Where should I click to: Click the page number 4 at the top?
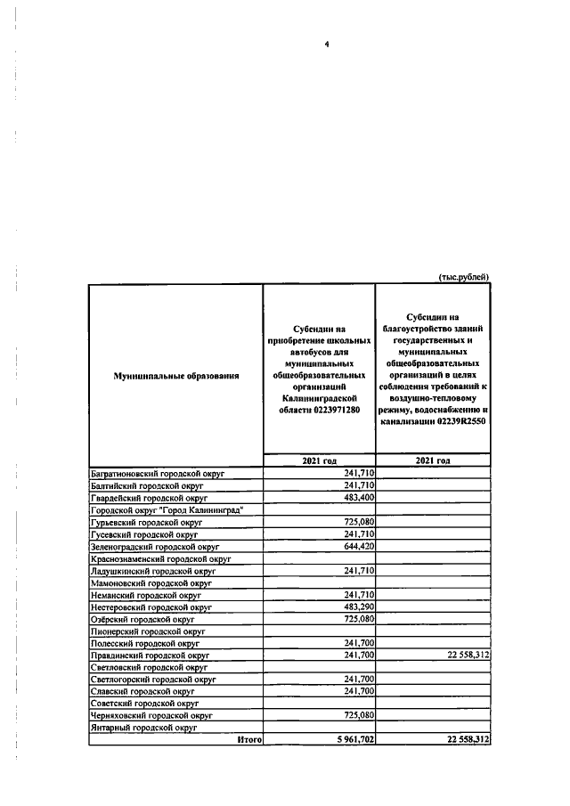coord(327,45)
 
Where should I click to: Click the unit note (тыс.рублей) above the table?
coord(464,277)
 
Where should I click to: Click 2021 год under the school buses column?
coord(319,460)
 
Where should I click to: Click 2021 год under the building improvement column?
coord(433,460)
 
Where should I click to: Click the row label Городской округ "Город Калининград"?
coord(167,510)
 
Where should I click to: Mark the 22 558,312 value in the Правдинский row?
coord(462,655)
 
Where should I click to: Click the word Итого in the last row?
coord(248,739)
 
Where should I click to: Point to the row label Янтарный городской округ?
coord(143,728)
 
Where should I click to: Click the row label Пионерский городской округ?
coord(148,631)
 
